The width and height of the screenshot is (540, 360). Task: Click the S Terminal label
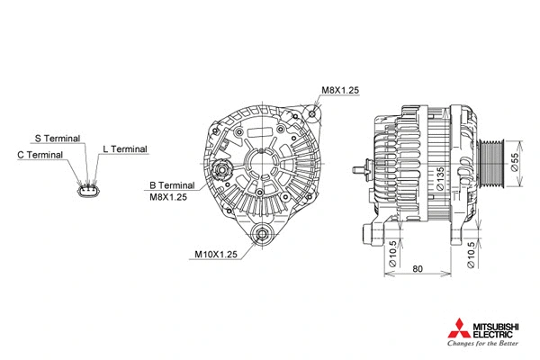[57, 139]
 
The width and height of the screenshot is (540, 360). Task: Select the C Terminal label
[40, 155]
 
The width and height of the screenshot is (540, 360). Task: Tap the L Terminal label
[124, 148]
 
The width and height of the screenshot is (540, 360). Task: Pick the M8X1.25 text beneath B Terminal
[168, 197]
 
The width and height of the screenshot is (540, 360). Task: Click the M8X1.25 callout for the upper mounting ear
[340, 91]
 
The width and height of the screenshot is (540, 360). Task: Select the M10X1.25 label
[215, 255]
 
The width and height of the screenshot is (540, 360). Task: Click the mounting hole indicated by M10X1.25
[263, 237]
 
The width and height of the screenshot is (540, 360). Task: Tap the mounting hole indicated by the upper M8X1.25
[311, 114]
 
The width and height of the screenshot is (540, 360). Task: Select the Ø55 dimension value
[515, 162]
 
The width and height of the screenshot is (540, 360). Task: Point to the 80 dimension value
[418, 269]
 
